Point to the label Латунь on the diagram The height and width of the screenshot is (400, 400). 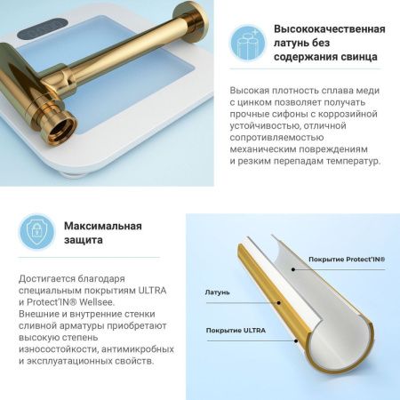point(217,291)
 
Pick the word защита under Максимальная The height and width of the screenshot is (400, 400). point(84,240)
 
